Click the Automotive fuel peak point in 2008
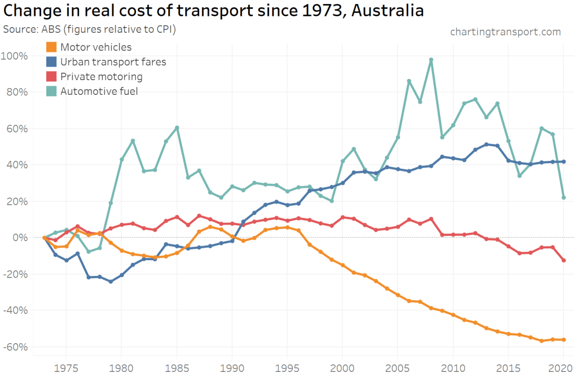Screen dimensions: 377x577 [431, 59]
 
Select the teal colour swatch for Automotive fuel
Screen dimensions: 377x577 [51, 91]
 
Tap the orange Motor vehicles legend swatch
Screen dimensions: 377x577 [51, 47]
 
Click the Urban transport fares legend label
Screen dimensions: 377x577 [113, 62]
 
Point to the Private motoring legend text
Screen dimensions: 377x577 [102, 76]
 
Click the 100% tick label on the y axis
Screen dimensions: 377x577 [19, 55]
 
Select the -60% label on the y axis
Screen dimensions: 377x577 [19, 347]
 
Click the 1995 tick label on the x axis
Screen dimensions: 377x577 [287, 367]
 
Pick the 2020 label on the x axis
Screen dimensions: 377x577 [563, 367]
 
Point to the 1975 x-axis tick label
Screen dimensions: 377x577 [66, 367]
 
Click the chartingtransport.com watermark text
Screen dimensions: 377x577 [505, 32]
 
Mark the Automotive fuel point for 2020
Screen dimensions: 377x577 [563, 198]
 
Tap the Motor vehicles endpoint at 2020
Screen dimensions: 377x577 [563, 340]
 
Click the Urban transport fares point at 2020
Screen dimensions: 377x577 [563, 161]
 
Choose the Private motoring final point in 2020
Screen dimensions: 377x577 [563, 260]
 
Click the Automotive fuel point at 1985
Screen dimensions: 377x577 [177, 128]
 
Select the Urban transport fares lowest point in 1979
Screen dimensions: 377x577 [111, 281]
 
